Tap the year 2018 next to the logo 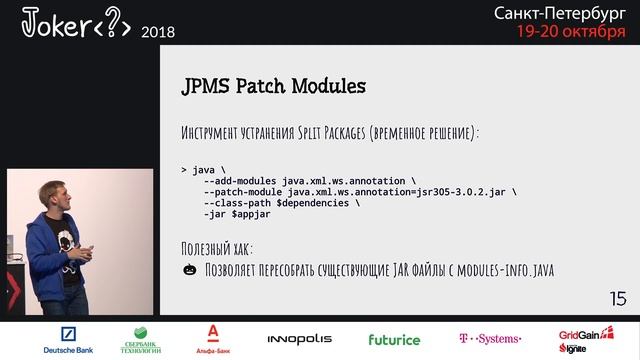coord(158,32)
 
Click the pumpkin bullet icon coord(189,270)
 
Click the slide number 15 coord(618,299)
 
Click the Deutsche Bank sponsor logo coord(68,340)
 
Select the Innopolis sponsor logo coord(299,340)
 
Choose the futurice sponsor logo coord(394,340)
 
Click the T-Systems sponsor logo coord(489,340)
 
